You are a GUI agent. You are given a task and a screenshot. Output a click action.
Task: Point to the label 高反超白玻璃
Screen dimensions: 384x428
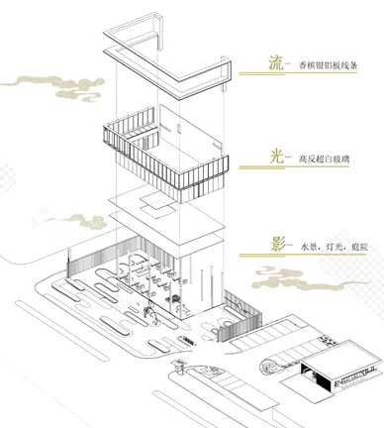coord(323,158)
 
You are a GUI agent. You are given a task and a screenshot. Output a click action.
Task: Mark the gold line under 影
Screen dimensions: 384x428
coord(311,256)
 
